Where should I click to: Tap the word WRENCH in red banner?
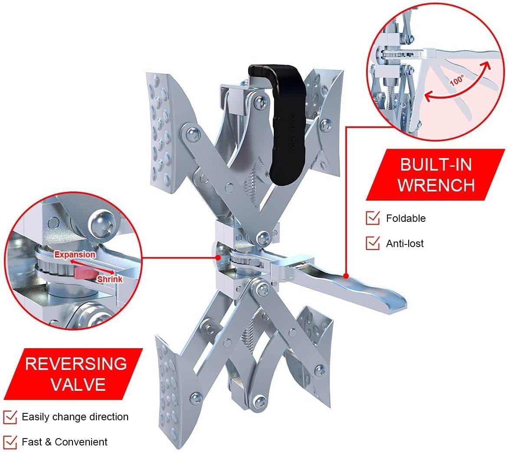click(436, 185)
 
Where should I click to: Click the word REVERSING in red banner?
click(76, 363)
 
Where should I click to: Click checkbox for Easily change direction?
click(10, 417)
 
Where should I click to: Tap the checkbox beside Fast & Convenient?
click(10, 442)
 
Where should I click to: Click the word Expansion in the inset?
click(75, 255)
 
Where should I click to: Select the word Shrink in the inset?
click(109, 279)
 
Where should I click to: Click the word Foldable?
click(406, 218)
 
